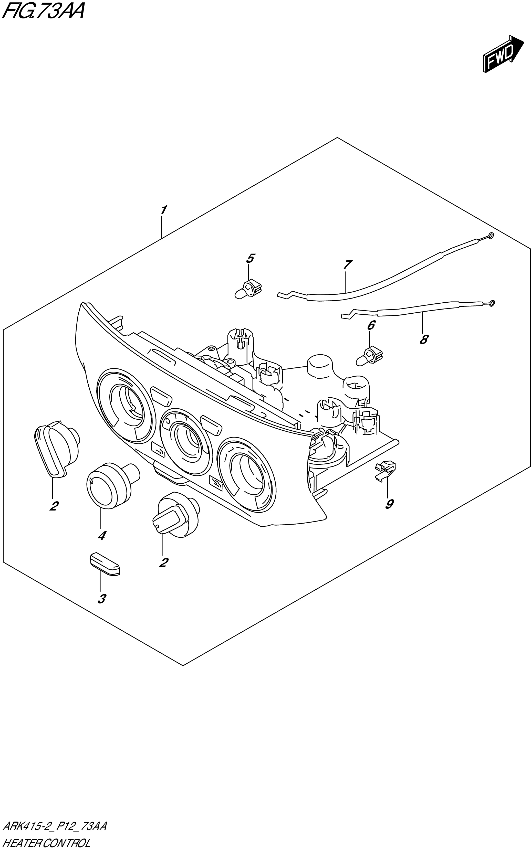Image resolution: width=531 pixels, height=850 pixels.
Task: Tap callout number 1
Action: (163, 210)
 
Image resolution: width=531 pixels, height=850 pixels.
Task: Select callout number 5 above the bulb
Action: (250, 259)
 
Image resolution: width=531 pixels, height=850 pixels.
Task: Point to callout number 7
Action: (347, 265)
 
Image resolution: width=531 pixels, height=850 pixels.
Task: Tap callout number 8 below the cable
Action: (424, 339)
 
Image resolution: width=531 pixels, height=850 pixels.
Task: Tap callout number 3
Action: (101, 599)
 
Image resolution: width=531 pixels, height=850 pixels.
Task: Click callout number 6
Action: (371, 325)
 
